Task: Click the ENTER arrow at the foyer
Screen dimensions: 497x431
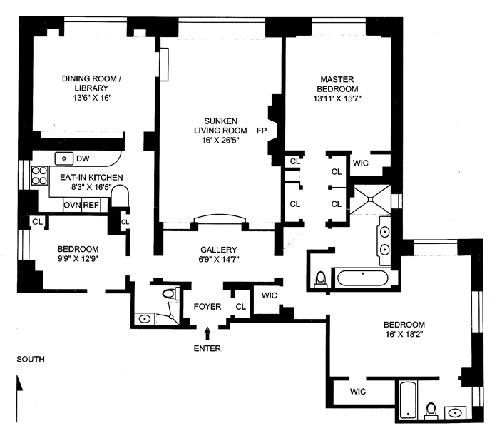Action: click(x=207, y=333)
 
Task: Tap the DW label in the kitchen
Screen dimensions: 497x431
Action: click(x=83, y=158)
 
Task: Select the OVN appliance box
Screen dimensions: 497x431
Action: click(x=72, y=205)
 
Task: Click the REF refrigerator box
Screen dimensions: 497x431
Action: click(x=91, y=205)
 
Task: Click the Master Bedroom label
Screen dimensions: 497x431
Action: click(x=337, y=83)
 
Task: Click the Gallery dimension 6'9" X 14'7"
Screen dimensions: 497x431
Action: click(x=218, y=260)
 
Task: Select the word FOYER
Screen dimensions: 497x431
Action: click(x=208, y=307)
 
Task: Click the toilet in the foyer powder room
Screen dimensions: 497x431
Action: click(x=169, y=293)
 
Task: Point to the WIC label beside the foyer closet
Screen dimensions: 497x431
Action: click(x=269, y=295)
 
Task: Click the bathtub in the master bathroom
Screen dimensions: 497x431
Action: click(x=363, y=277)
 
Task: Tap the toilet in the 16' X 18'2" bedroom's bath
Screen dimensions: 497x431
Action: click(x=431, y=410)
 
